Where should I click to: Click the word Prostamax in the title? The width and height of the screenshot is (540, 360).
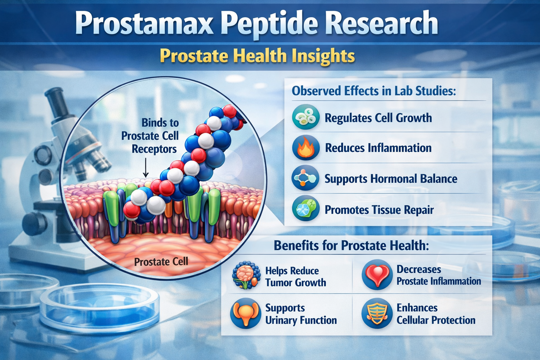pos(144,23)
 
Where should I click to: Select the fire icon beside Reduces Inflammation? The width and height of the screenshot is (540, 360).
pos(306,148)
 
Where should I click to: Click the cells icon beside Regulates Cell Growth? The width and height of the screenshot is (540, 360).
pos(306,117)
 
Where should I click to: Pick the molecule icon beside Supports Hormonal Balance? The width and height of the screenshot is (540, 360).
pos(306,178)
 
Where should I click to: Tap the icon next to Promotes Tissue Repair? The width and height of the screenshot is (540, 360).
pos(306,209)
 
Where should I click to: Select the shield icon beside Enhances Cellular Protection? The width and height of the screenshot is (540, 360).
pos(377,313)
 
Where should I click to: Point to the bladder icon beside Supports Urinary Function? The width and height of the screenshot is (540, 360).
pos(245,313)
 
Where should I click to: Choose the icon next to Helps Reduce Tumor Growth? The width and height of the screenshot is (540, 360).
pos(246,276)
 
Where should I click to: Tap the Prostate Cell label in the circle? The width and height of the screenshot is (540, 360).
pos(161,262)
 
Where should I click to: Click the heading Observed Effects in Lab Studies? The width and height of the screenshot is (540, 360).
pos(374,91)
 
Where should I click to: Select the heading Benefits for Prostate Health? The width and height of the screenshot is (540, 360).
pos(351,245)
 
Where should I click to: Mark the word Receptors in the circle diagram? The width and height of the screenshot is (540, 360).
pos(154,149)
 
